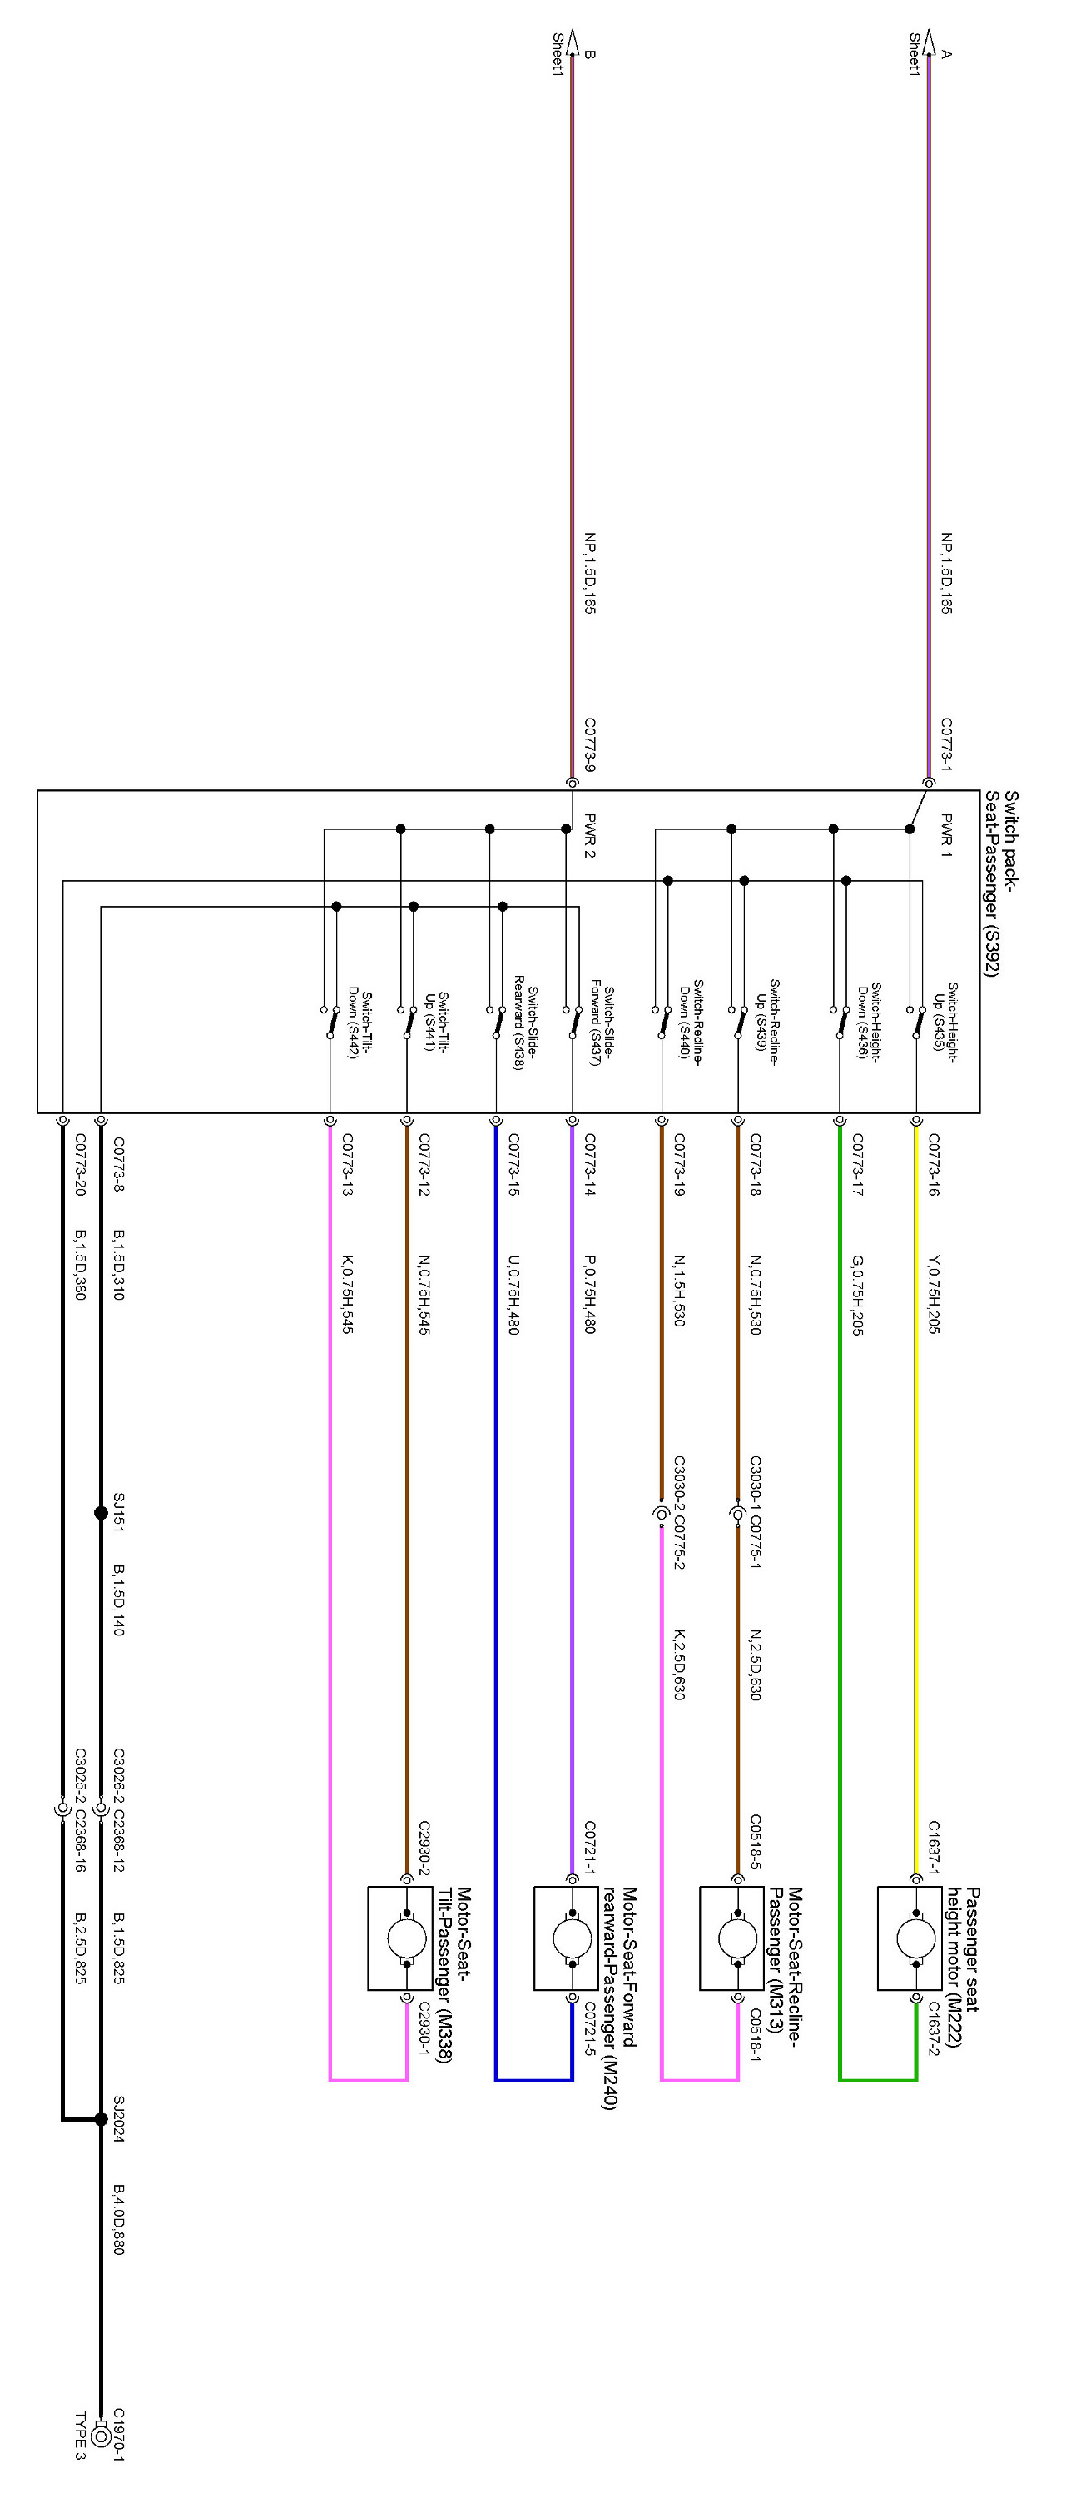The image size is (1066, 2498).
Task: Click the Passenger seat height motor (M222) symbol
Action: point(915,1938)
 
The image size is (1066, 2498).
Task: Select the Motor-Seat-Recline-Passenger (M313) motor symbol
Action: point(737,1938)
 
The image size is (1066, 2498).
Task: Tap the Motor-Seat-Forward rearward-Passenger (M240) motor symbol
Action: point(572,1938)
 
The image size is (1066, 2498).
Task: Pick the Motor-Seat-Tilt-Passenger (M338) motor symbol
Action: point(406,1938)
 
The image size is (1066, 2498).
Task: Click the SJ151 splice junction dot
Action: point(101,1513)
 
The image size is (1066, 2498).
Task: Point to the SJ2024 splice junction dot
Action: point(101,2119)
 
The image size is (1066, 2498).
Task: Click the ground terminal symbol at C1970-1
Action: point(101,2434)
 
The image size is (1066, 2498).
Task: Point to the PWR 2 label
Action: point(589,835)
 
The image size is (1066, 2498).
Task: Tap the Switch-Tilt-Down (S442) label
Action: point(359,1024)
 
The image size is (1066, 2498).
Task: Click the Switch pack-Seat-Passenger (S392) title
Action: point(1001,883)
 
